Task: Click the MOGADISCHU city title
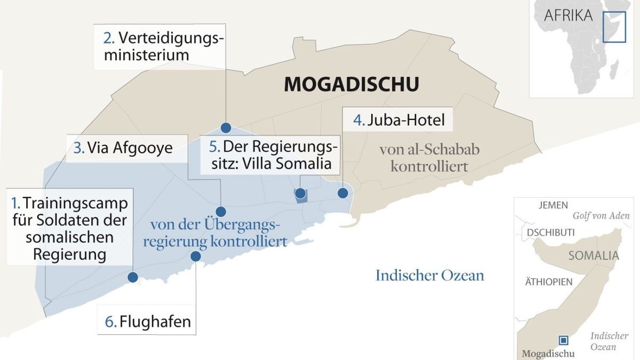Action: point(351,84)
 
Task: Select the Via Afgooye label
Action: point(123,147)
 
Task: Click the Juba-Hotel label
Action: point(399,119)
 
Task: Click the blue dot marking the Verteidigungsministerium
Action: point(226,127)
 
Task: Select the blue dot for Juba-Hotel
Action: point(342,193)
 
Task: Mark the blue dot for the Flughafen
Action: point(196,256)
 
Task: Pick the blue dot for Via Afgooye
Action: point(220,211)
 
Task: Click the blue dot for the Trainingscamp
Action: point(133,277)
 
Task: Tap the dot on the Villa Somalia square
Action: point(300,193)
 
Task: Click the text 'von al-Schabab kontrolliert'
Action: point(429,157)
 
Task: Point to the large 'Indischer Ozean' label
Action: point(430,275)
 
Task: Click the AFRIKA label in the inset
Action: point(568,15)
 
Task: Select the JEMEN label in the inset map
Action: point(554,205)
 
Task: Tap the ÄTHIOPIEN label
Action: point(549,282)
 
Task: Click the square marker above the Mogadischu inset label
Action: point(563,340)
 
